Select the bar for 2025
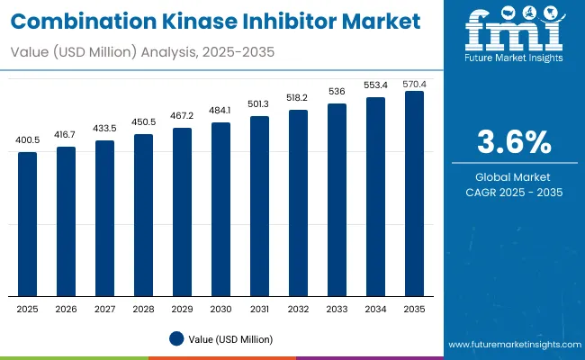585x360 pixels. [28, 224]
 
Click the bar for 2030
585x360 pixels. [220, 209]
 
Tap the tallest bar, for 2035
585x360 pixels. [414, 193]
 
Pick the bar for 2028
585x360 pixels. [143, 215]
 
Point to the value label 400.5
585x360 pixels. [28, 141]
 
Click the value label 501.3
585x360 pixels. [259, 105]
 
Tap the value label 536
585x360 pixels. [337, 93]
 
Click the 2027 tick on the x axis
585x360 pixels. [105, 308]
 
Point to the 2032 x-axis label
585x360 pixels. [298, 308]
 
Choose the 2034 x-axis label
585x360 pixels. [375, 308]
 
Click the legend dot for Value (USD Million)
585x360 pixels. [177, 339]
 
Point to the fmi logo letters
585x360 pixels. [512, 31]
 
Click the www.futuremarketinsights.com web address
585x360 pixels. [512, 345]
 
